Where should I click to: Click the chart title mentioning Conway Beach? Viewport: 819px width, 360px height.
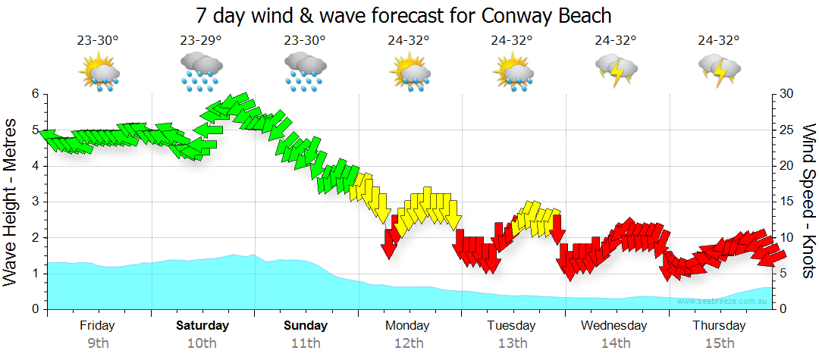(403, 15)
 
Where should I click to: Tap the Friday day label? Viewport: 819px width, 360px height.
(97, 326)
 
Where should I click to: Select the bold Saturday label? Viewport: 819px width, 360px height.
(202, 326)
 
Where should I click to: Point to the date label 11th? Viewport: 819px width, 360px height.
(306, 343)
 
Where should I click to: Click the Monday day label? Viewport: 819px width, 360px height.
(407, 326)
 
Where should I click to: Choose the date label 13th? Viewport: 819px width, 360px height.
(513, 343)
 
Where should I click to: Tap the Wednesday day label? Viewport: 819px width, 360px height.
(614, 326)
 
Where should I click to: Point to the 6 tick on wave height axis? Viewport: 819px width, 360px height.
(35, 94)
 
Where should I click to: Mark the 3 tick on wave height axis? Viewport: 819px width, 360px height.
(35, 202)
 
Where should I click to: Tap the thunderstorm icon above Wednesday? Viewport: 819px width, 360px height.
(616, 70)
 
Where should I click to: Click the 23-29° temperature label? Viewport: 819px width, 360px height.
(201, 41)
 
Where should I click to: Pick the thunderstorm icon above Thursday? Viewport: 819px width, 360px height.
(719, 70)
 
